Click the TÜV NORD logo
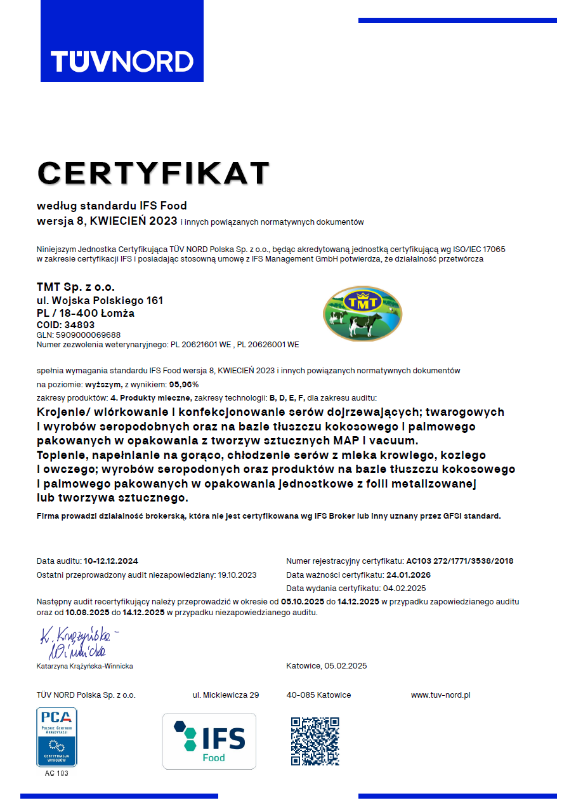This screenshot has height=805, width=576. [x=122, y=61]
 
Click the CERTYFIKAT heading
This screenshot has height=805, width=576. [x=154, y=173]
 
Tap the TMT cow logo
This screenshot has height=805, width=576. [x=362, y=313]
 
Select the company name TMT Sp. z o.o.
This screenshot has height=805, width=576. [x=75, y=287]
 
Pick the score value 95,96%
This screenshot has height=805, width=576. [x=184, y=385]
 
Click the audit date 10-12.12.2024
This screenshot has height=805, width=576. [x=111, y=561]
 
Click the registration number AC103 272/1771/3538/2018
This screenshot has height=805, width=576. [x=460, y=561]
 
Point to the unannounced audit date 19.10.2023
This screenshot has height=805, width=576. [x=237, y=575]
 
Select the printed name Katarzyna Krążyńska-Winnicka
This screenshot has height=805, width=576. [x=85, y=666]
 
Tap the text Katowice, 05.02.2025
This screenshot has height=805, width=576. [x=326, y=666]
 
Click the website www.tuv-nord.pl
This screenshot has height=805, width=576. [x=440, y=695]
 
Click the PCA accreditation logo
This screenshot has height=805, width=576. [x=56, y=736]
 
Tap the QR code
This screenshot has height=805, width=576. [x=315, y=741]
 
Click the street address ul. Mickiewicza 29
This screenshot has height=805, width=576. [x=226, y=695]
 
